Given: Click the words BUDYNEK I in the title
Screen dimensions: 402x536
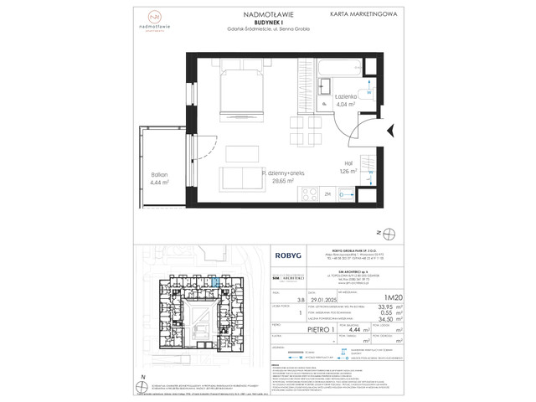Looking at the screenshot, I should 265,23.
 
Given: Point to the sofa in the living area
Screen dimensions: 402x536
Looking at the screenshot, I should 241,178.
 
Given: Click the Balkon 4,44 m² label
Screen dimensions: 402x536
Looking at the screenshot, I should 160,177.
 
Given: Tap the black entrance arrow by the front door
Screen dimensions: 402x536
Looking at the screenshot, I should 389,128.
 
